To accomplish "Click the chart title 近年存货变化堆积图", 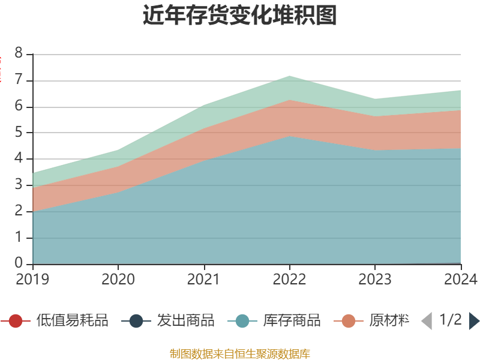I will click(x=240, y=15).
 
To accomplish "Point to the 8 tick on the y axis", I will click(x=19, y=54).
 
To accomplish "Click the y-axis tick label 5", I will click(x=19, y=133).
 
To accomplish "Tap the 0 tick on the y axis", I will click(x=19, y=264).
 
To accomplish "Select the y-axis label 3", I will click(x=19, y=185).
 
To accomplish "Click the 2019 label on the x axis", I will click(x=32, y=279).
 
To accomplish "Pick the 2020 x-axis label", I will click(x=118, y=279).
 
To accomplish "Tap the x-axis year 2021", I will click(x=204, y=279).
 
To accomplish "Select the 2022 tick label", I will click(x=289, y=279).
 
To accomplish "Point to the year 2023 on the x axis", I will click(x=375, y=279).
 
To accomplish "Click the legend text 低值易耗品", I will click(x=72, y=320).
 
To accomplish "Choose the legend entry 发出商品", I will click(x=185, y=320).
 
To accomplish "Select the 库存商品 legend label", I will click(x=292, y=320).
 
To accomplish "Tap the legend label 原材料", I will click(x=389, y=320).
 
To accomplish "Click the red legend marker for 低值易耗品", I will click(x=16, y=321).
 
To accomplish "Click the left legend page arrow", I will click(x=426, y=321).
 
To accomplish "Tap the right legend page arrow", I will click(x=474, y=321).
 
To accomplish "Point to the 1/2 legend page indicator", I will click(x=450, y=320).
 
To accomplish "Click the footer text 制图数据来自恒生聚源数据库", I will click(x=240, y=353).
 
